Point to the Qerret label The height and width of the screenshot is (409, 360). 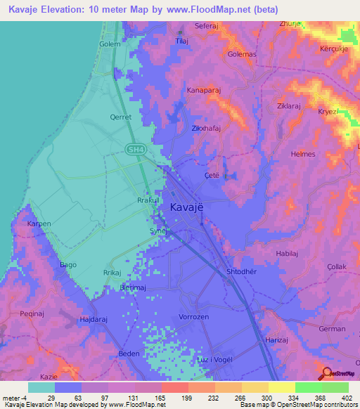coord(121,117)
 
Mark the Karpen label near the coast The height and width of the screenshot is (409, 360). coord(39,224)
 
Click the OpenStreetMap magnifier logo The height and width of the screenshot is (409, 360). coord(327,374)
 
